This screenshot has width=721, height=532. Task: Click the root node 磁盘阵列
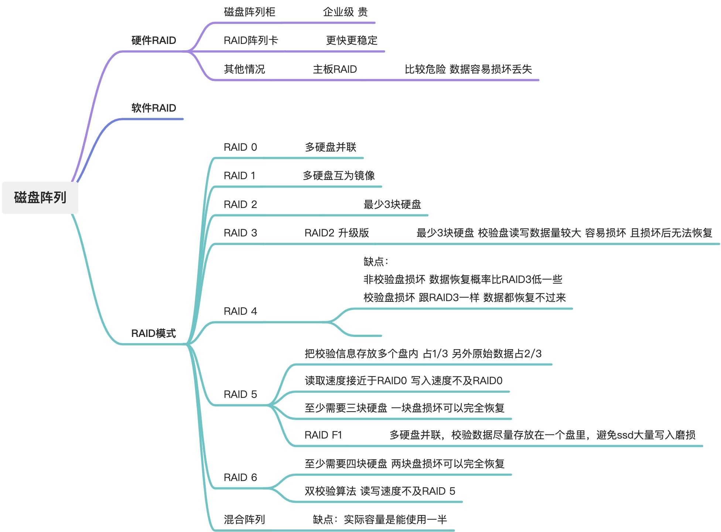[40, 197]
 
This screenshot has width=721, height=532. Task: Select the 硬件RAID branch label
[154, 40]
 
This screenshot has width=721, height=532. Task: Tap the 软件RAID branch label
[154, 108]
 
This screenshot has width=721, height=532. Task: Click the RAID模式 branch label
[154, 333]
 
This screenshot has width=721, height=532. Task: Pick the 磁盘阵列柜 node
[250, 12]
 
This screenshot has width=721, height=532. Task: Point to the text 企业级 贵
[345, 12]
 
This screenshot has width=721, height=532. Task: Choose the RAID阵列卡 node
[251, 40]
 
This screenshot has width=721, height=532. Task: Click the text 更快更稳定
[352, 40]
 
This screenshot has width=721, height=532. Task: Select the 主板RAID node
[335, 69]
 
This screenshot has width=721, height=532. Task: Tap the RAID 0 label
[240, 147]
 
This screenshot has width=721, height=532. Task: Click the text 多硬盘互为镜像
[339, 175]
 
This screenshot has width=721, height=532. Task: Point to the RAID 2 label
[240, 204]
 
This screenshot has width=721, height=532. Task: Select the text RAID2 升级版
[336, 233]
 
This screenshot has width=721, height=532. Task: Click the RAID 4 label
[240, 311]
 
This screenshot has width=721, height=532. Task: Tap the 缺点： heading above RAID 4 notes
[376, 262]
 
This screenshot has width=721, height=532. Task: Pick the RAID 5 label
[240, 394]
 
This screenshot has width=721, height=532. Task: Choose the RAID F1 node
[323, 435]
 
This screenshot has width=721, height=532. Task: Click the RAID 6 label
[240, 477]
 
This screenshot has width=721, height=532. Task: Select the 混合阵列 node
[244, 519]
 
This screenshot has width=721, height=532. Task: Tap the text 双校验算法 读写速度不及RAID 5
[380, 491]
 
